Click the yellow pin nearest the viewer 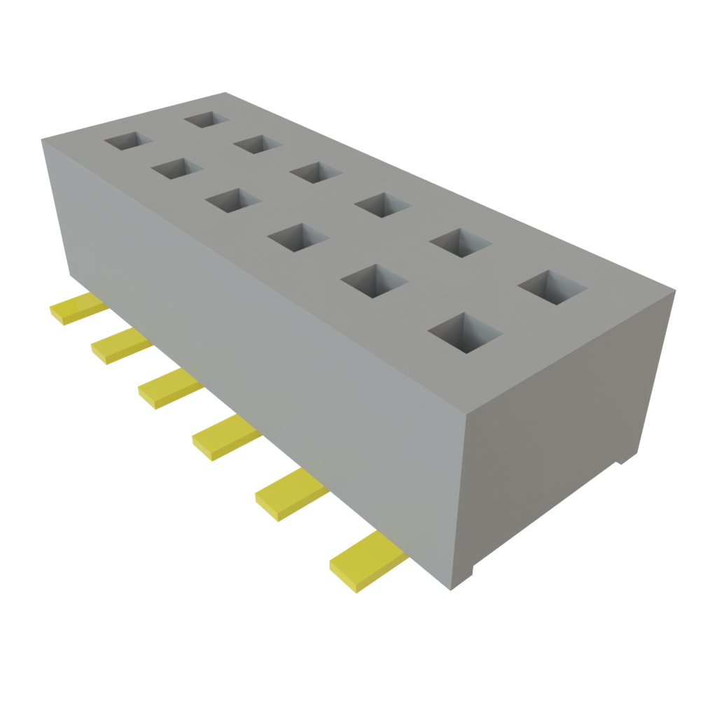coord(366,561)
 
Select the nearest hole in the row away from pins coord(552,287)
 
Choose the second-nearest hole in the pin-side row coord(373,281)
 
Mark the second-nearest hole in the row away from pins coord(459,242)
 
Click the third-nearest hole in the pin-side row coord(298,237)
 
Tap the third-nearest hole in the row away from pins coord(382,204)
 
